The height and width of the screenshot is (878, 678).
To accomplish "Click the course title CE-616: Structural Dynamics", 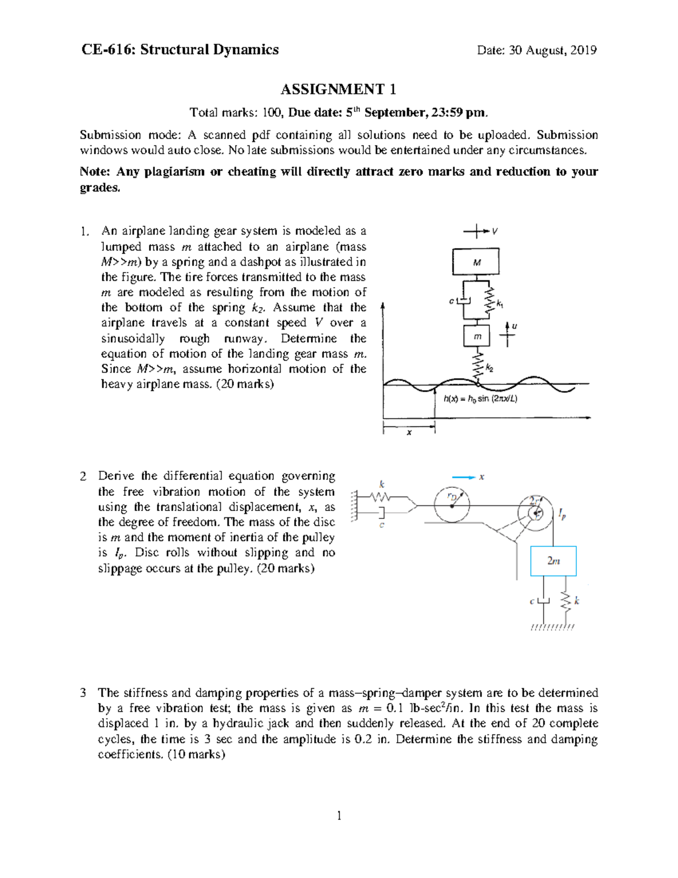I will coord(180,50).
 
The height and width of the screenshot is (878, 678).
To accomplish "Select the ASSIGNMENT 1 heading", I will coord(338,89).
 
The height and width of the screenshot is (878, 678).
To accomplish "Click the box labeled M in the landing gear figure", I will coord(476,262).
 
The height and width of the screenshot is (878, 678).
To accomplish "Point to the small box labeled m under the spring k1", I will coord(477,336).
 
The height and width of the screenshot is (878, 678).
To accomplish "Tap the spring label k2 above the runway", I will coord(489,369).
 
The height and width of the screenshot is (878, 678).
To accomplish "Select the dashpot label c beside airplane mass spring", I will coord(451,301).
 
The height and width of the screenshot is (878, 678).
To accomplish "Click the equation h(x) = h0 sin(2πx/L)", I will coord(480,399).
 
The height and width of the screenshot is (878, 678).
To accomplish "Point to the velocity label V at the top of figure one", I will coord(494,231).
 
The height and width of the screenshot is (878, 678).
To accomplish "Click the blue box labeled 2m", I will coord(553,561).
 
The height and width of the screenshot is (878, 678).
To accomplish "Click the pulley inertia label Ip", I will coord(562,514).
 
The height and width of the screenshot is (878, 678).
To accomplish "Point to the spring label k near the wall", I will coord(382,485).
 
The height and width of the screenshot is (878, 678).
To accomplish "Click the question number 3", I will coord(83,693).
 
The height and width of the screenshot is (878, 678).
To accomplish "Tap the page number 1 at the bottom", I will coord(339,815).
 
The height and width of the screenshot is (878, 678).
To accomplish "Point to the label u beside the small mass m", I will coord(514,326).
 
